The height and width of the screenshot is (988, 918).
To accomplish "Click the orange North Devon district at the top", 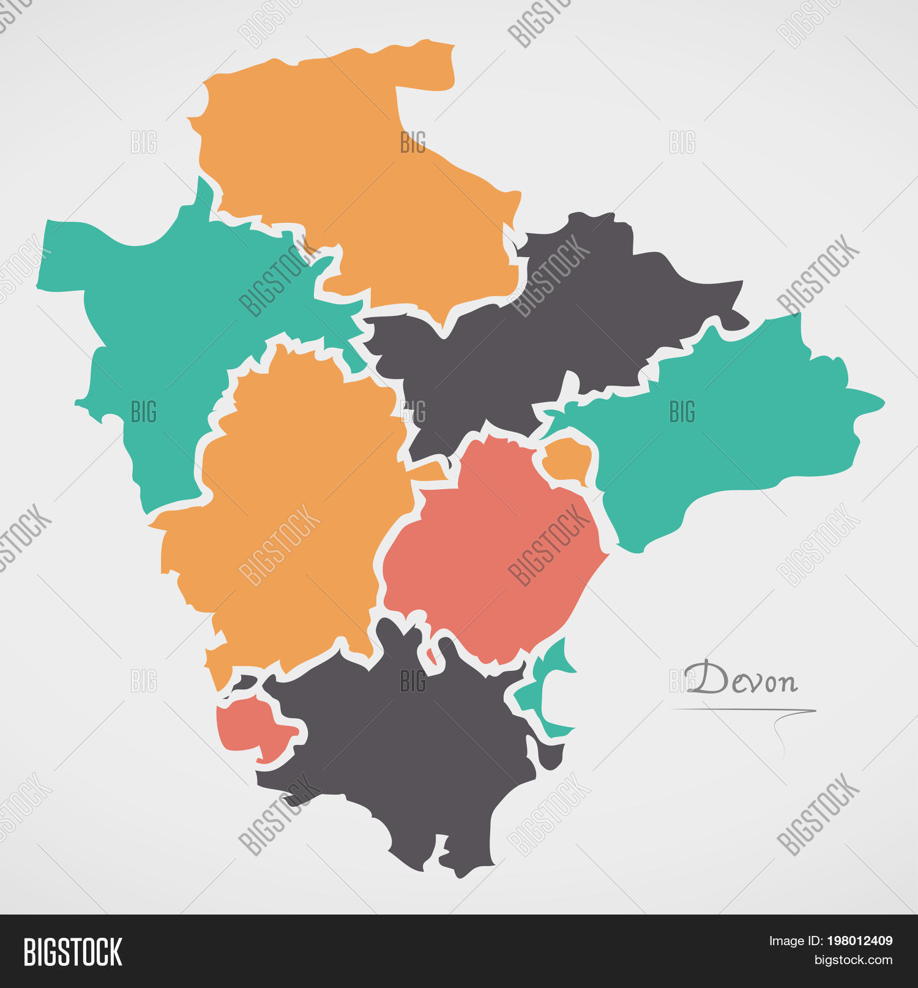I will pos(355,184).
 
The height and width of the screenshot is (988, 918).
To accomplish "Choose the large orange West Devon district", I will pos(288,508).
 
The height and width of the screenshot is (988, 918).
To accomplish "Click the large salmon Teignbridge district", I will pos(490,551).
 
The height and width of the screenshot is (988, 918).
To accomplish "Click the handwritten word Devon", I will pos(742,679).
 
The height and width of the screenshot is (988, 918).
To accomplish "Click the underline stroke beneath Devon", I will pos(744,711).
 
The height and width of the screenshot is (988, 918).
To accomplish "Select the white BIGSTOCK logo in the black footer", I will pos(73,952).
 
